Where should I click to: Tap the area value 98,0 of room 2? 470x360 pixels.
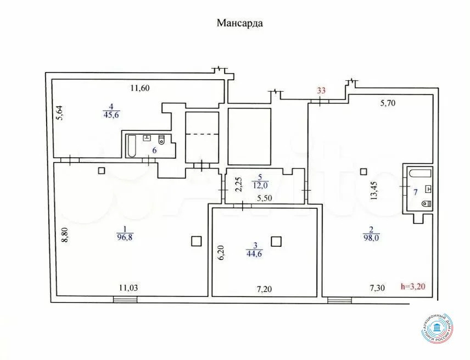pyautogui.click(x=371, y=237)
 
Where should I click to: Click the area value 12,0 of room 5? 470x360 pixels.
pyautogui.click(x=260, y=186)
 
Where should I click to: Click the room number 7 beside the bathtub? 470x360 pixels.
pyautogui.click(x=415, y=191)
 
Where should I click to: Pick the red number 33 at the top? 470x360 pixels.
pyautogui.click(x=321, y=91)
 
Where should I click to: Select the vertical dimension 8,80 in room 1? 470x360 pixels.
pyautogui.click(x=65, y=234)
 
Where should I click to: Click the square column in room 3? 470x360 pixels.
pyautogui.click(x=276, y=240)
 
